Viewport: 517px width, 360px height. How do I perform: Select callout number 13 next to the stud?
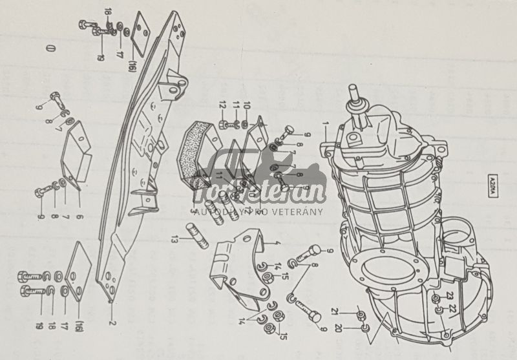pyautogui.click(x=171, y=240)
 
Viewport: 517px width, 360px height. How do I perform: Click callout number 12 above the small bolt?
pyautogui.click(x=222, y=105)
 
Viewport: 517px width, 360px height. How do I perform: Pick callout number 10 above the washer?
pyautogui.click(x=246, y=105)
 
